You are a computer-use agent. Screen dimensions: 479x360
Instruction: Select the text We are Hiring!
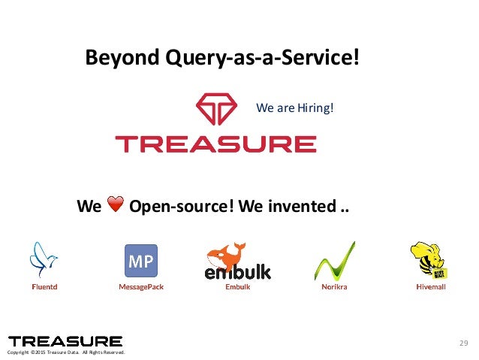pos(294,109)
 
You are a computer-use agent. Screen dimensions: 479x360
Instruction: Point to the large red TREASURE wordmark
pos(215,144)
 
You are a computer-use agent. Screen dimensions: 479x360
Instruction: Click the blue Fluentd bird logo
pos(43,259)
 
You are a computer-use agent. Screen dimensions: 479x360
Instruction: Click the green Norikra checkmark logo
pos(334,262)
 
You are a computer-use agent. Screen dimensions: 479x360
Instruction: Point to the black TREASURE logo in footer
pos(65,341)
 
